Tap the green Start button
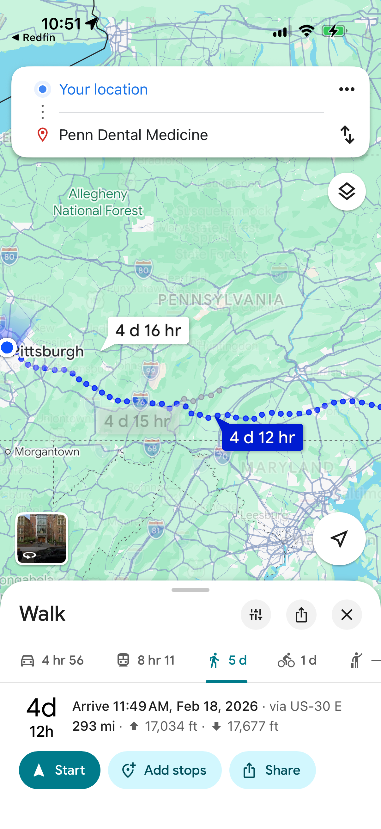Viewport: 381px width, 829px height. pos(60,770)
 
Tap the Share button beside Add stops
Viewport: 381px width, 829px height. pos(272,770)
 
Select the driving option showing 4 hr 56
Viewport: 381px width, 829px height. pos(52,660)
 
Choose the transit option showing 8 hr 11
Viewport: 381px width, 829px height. pos(146,660)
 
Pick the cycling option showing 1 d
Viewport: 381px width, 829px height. pos(297,660)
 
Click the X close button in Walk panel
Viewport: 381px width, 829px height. pos(347,615)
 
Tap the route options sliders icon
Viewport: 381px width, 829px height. pos(256,615)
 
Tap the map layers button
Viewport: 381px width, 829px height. pos(347,192)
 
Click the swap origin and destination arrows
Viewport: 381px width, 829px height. pos(347,134)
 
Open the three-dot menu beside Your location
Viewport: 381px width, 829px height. pos(347,89)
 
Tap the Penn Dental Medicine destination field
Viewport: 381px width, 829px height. pos(133,135)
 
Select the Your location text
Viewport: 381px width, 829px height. pos(104,89)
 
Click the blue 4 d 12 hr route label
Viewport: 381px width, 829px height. pos(262,437)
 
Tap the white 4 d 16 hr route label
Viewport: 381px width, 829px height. pos(148,330)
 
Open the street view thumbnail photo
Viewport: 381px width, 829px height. pos(41,538)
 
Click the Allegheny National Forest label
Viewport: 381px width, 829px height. pos(98,202)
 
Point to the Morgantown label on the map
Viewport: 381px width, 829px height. pos(47,451)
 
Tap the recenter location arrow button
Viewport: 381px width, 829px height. pos(339,538)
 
